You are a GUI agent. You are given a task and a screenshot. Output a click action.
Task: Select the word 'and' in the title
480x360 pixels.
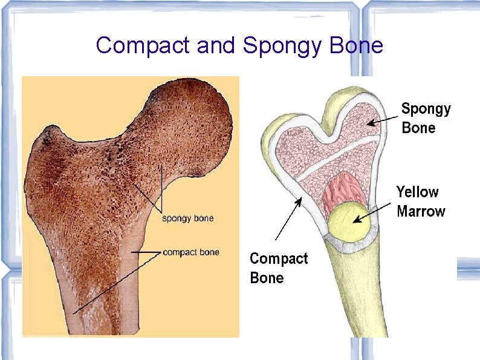[x=216, y=45]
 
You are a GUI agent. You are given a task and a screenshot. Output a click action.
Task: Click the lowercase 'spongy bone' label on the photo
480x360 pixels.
[x=187, y=218]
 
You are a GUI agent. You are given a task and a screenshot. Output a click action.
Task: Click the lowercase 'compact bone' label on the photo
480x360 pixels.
[x=191, y=252]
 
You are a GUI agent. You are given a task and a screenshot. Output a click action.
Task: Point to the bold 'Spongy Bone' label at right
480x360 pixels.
[x=426, y=118]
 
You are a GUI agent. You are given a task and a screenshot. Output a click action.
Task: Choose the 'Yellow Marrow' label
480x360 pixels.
[x=421, y=201]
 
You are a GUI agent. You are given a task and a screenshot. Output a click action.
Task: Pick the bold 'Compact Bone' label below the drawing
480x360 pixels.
[x=279, y=268]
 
